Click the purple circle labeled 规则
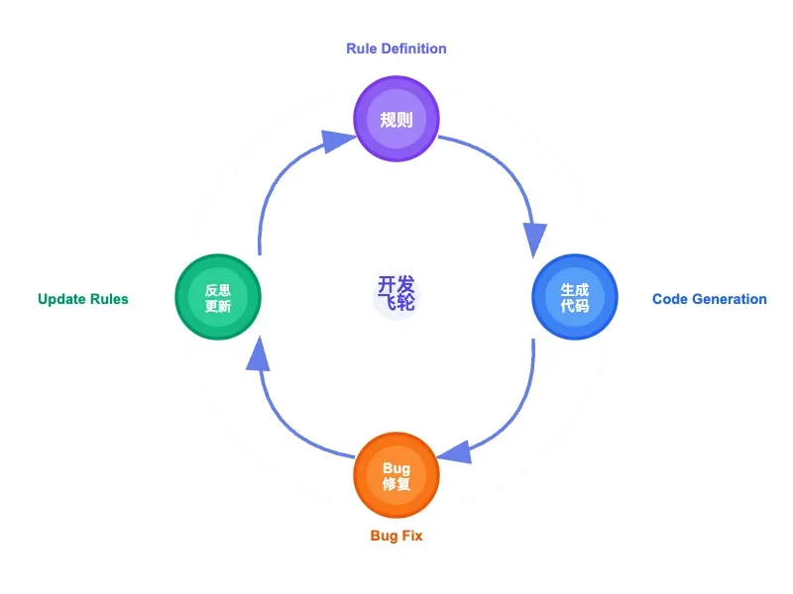(x=396, y=119)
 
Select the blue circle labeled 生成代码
(x=575, y=297)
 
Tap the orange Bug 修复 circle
(x=396, y=475)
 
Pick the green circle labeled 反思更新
(x=218, y=297)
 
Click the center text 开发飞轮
(x=396, y=292)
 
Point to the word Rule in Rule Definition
(x=361, y=49)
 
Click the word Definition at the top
(x=413, y=49)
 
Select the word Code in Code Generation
(x=670, y=299)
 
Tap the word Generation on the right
(x=730, y=299)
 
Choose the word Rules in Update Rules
(x=109, y=299)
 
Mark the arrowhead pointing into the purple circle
(x=337, y=141)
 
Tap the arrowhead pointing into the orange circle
(x=456, y=452)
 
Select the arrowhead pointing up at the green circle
(x=258, y=354)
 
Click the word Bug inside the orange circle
(x=396, y=468)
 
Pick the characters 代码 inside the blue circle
(x=575, y=306)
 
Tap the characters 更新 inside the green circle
(x=218, y=306)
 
